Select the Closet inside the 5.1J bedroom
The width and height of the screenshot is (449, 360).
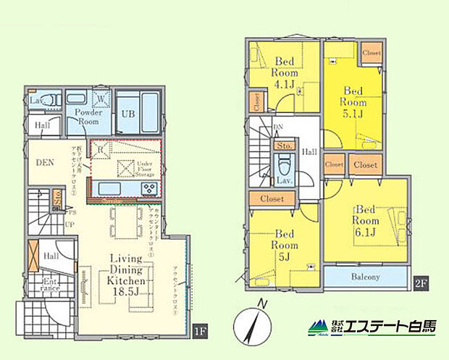click(372, 53)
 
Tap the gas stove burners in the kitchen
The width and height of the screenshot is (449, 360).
click(148, 188)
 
